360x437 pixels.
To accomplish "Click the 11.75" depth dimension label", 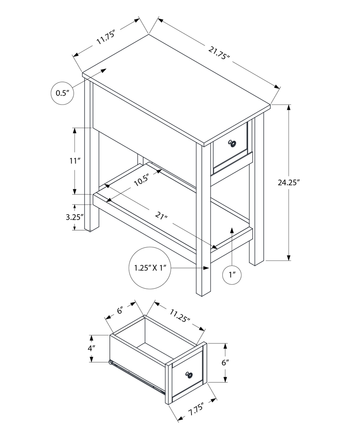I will [105, 37].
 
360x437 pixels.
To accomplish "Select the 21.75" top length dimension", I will [219, 53].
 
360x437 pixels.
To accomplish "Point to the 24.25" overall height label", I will [289, 182].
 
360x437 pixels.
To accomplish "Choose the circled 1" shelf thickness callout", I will [232, 274].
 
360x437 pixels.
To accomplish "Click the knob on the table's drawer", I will [232, 144].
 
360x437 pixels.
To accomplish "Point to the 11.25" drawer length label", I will [180, 315].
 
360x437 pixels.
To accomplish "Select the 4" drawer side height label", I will [92, 348].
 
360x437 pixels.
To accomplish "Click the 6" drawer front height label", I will [225, 362].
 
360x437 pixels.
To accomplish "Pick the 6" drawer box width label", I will [120, 310].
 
